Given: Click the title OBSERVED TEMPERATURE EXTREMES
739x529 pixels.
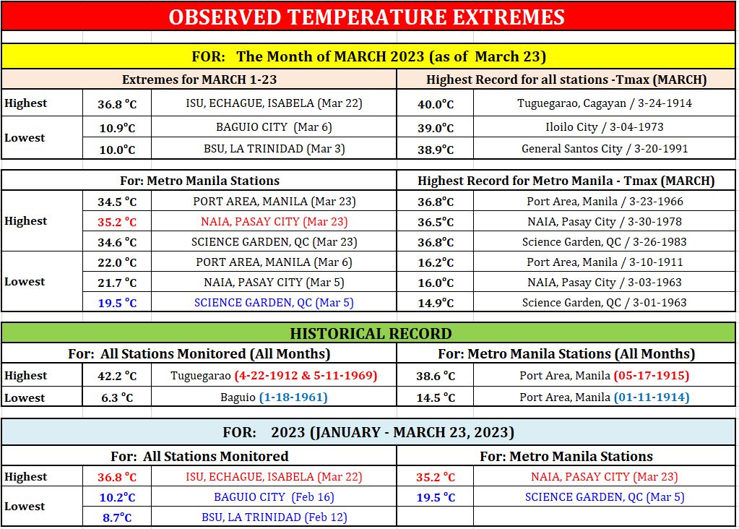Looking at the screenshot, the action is (x=367, y=17).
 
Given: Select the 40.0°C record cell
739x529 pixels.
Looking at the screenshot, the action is (x=436, y=104).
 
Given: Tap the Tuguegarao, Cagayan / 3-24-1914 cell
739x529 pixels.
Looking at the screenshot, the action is (x=605, y=103).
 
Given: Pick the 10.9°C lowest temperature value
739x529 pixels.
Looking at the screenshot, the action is (x=117, y=128).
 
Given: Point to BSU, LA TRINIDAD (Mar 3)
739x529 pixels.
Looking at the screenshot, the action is (x=275, y=149).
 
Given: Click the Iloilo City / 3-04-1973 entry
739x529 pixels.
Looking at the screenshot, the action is (x=605, y=126).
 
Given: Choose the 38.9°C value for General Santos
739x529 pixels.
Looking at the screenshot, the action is (x=436, y=150).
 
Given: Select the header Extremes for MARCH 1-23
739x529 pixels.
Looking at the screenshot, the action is (x=199, y=79).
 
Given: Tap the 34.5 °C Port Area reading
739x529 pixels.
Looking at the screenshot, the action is (x=117, y=202).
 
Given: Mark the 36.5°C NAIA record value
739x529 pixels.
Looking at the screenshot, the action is (x=436, y=222).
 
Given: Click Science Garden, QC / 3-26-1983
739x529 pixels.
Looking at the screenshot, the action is (x=604, y=242).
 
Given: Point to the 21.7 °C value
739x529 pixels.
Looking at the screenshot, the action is (x=117, y=283).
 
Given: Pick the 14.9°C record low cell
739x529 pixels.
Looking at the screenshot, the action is (x=436, y=303).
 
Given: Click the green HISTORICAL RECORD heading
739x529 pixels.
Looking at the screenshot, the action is (x=371, y=333).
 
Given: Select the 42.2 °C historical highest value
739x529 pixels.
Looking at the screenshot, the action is (x=117, y=377).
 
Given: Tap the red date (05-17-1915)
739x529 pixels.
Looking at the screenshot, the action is (x=652, y=376).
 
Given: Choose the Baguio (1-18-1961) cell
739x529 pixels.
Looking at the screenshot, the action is (x=274, y=397).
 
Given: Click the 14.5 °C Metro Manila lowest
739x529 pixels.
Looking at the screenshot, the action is (x=436, y=398).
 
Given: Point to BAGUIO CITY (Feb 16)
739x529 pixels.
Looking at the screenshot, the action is (x=274, y=497).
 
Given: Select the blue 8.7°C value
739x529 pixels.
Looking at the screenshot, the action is (x=117, y=517).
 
